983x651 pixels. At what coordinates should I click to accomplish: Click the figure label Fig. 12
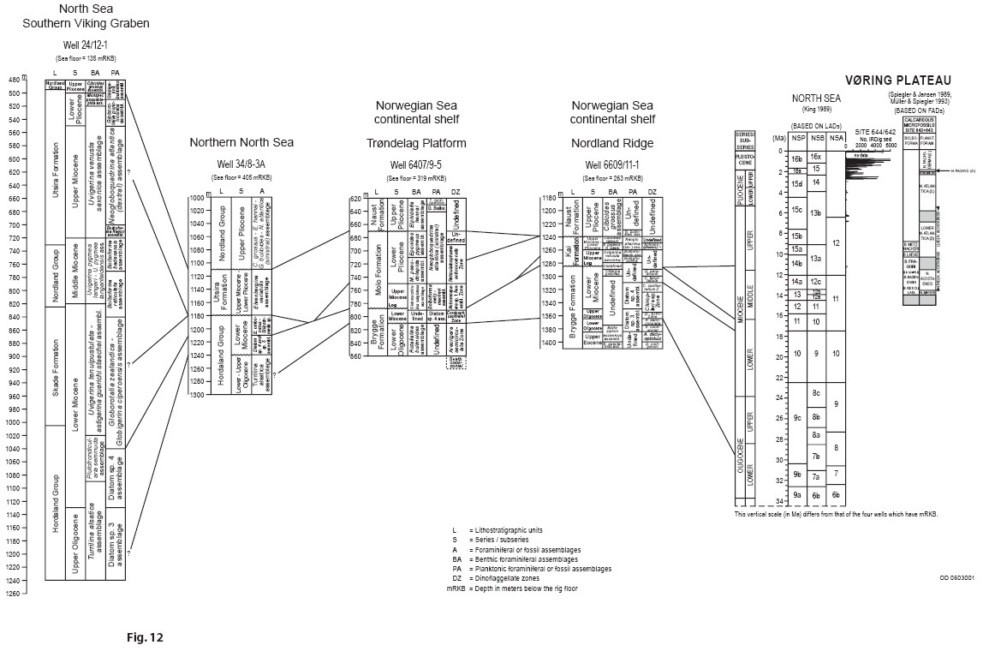tap(144, 636)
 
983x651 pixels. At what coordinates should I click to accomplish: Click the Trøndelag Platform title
tap(417, 142)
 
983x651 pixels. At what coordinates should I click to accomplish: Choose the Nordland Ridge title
tap(612, 142)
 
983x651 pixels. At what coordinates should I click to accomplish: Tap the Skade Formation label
tap(55, 366)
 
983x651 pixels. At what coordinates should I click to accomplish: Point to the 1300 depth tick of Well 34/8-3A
tap(198, 395)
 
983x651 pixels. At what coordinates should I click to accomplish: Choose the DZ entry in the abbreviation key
tap(455, 577)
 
